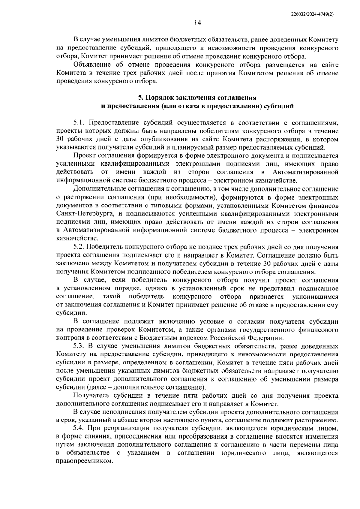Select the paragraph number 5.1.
click(79, 123)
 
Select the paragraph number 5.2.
click(79, 247)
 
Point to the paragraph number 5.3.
click(79, 346)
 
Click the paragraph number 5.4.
click(80, 428)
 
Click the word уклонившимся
click(315, 297)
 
